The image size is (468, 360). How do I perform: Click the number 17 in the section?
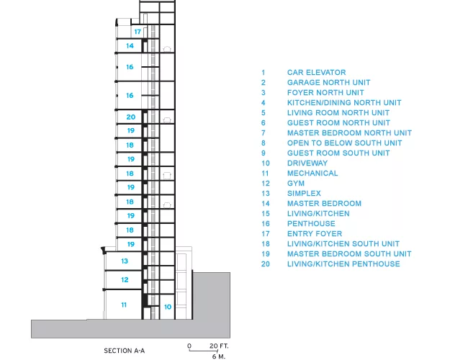(138, 32)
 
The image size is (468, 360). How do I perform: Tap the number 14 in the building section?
(130, 45)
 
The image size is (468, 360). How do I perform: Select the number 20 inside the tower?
(131, 117)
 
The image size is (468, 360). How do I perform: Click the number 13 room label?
(125, 261)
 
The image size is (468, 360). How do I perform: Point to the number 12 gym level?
(125, 279)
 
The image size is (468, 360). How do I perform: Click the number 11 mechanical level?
(124, 305)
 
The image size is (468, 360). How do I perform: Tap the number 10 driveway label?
(168, 307)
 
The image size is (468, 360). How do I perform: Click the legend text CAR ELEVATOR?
(316, 73)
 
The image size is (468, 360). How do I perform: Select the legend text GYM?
(296, 184)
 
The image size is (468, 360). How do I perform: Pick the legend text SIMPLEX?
(304, 194)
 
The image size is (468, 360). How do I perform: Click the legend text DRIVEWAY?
(307, 163)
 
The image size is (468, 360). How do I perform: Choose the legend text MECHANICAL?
(312, 173)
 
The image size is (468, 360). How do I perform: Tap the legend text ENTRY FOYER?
(315, 234)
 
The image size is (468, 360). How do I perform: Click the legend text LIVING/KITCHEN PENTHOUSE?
(343, 264)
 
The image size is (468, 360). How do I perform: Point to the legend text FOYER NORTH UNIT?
(325, 93)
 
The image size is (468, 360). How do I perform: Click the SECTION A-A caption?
(125, 351)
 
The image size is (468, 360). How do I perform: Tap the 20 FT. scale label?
(219, 346)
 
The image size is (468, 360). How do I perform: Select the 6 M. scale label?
(219, 356)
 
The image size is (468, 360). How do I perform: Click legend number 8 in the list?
(264, 143)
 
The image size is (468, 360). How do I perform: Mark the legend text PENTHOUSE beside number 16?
(311, 224)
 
